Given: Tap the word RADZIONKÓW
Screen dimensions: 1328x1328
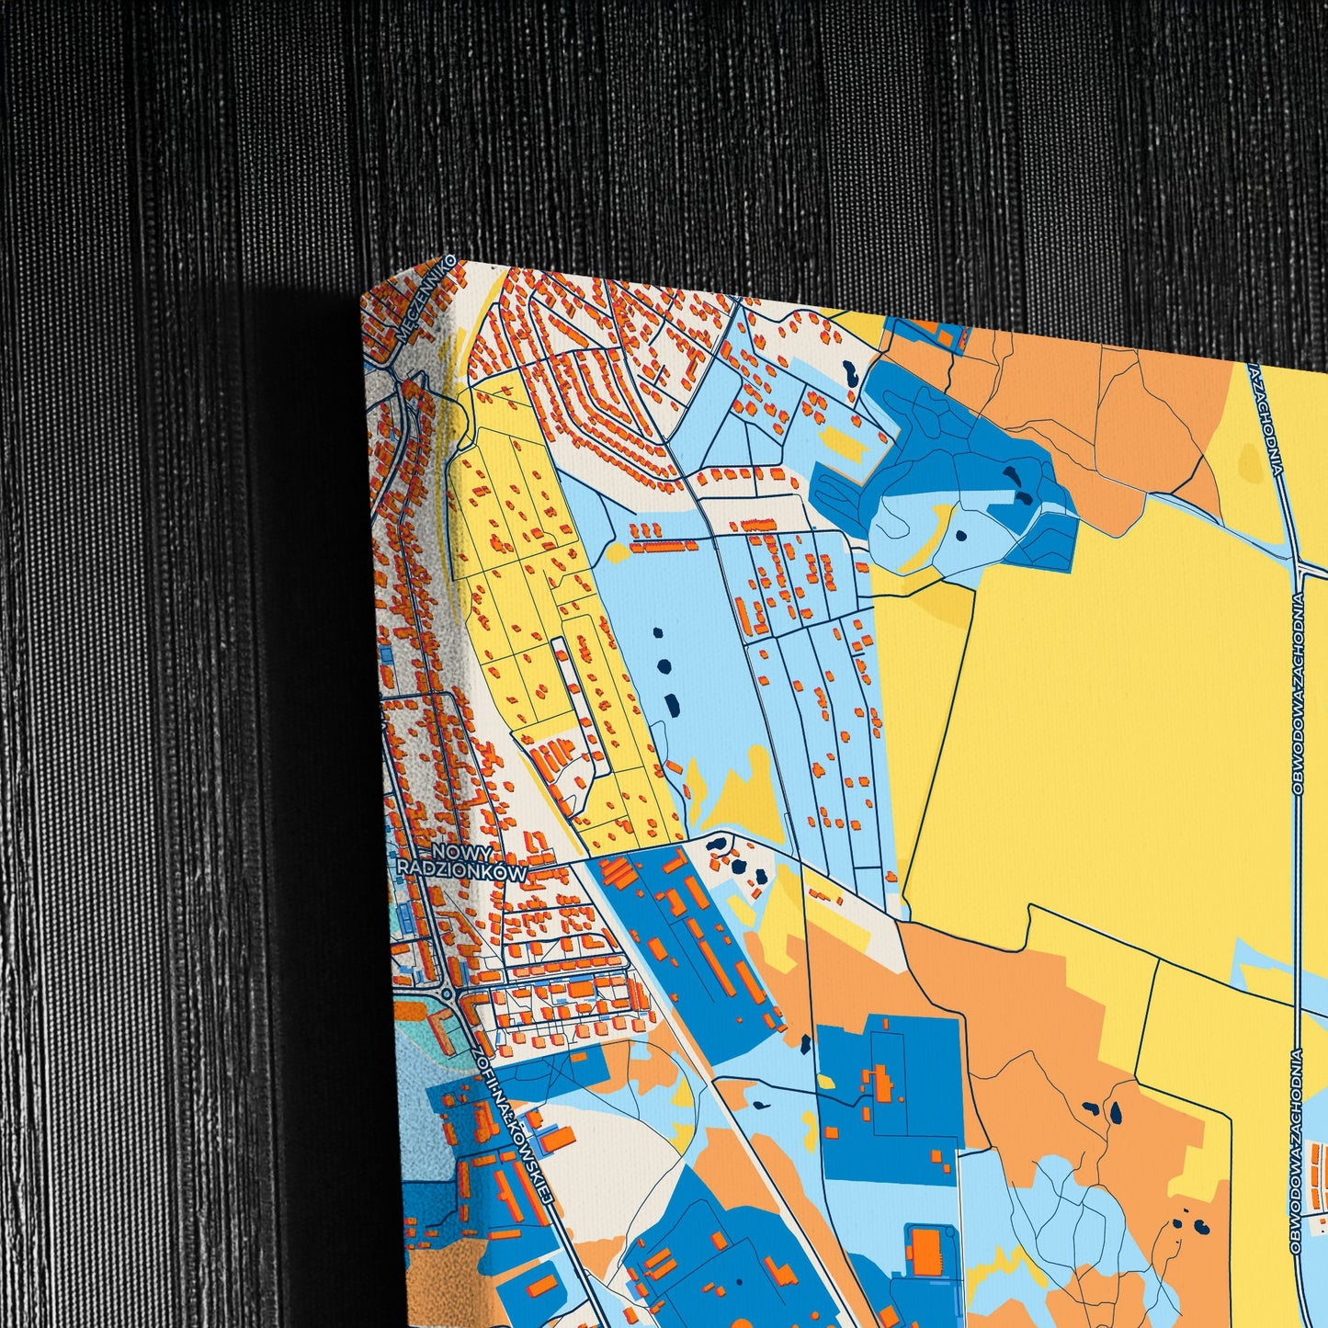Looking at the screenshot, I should click(x=462, y=869).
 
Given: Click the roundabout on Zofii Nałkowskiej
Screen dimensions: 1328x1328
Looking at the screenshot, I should click(x=446, y=993).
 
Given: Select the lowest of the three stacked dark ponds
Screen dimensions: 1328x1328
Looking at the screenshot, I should click(x=672, y=705).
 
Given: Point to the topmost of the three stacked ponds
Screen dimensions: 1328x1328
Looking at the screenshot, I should click(x=656, y=633).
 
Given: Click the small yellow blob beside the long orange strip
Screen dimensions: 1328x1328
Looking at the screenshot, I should click(x=615, y=552).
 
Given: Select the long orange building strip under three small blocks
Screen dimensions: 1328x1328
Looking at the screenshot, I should click(x=663, y=546).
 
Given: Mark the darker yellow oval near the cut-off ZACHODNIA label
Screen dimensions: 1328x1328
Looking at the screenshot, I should click(x=1248, y=460).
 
